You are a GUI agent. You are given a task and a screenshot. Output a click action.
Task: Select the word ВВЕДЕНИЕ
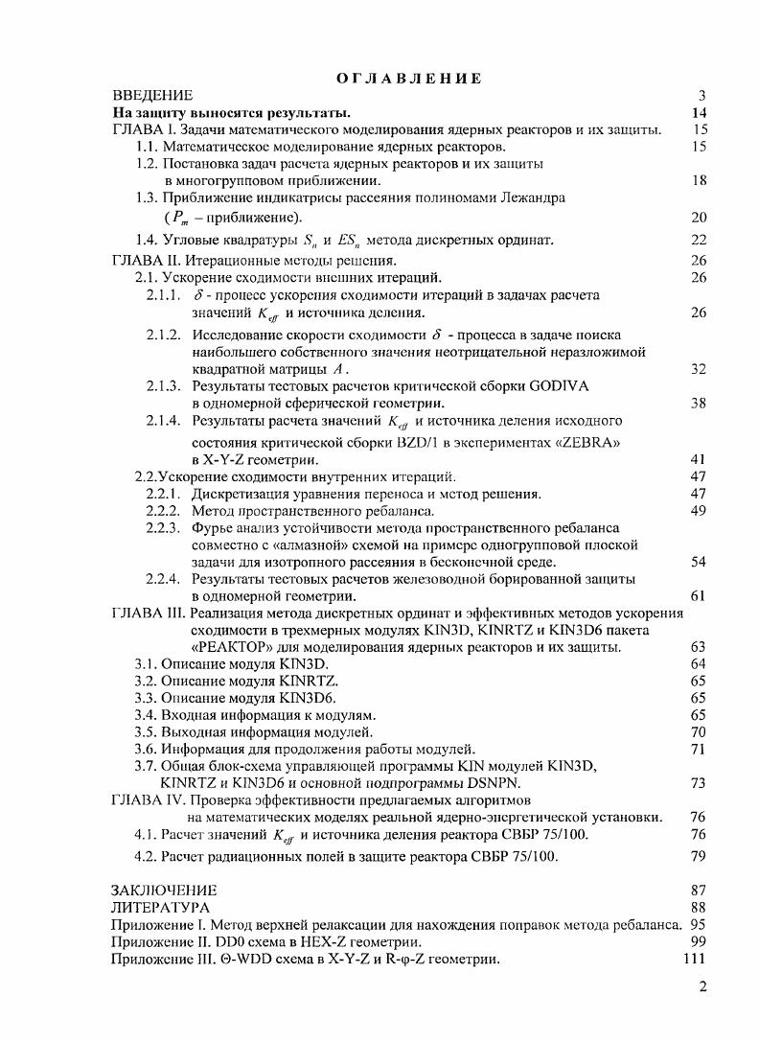(x=153, y=95)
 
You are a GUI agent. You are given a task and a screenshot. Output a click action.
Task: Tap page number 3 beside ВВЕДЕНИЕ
(x=701, y=95)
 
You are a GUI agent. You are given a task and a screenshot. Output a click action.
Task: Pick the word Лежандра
(x=538, y=197)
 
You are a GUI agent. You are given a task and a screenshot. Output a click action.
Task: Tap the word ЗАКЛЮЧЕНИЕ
(x=164, y=890)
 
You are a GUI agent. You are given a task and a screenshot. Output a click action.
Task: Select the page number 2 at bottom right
(x=701, y=989)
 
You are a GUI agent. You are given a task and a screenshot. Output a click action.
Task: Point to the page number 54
(x=698, y=562)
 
